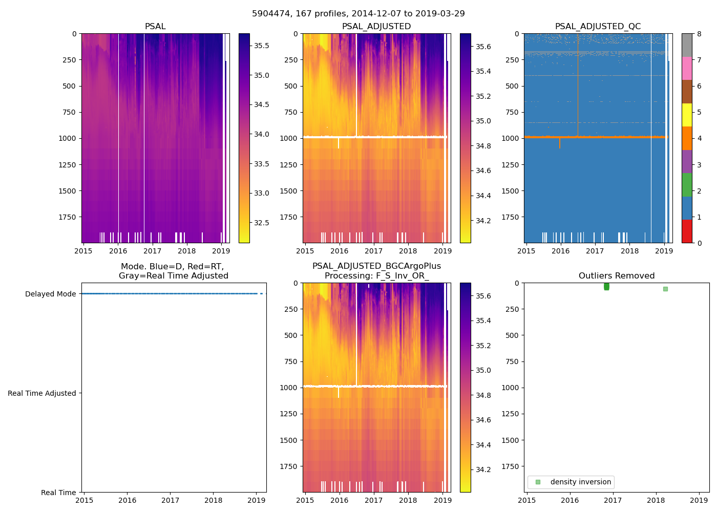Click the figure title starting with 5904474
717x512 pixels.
click(358, 14)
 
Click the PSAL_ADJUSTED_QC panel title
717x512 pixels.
click(598, 27)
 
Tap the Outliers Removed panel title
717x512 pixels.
click(616, 276)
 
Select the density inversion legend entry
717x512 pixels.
click(580, 482)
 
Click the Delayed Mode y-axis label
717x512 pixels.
click(50, 294)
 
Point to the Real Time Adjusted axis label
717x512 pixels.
click(41, 393)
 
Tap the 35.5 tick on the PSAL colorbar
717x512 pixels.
click(262, 46)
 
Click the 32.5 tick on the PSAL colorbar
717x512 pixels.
click(262, 223)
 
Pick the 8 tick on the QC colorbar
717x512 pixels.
click(699, 34)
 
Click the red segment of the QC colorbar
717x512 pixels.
click(687, 231)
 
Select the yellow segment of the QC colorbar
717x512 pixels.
click(687, 115)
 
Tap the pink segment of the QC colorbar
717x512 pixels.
click(687, 68)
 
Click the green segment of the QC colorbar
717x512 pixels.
click(687, 184)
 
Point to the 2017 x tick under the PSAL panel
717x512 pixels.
click(152, 251)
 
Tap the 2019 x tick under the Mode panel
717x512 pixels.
click(256, 500)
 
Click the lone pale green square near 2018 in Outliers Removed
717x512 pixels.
click(665, 289)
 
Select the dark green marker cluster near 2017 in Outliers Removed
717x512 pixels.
click(606, 287)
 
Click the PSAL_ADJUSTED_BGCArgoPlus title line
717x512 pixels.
click(376, 266)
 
